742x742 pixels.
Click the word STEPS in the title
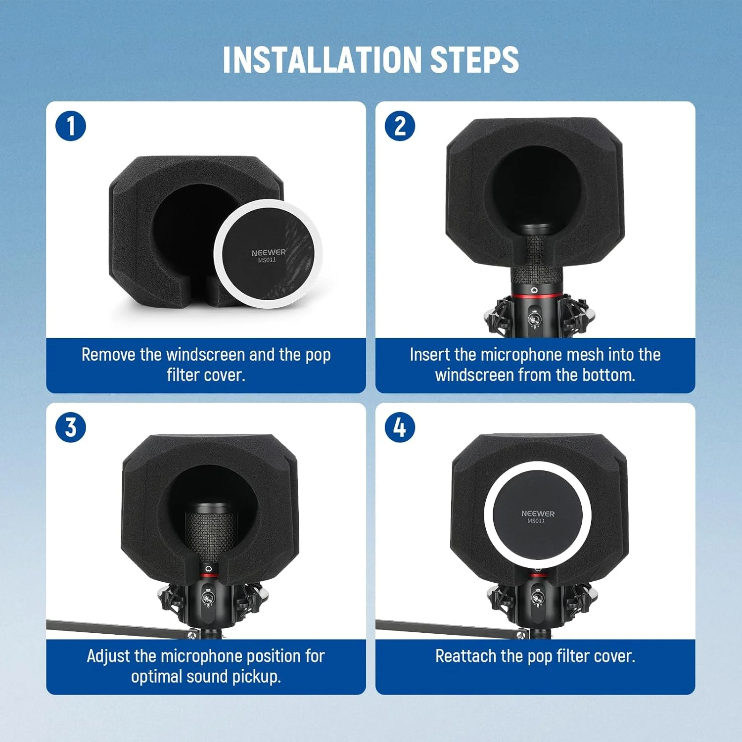[475, 60]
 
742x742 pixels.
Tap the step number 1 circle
[71, 126]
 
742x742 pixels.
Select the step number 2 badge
[400, 126]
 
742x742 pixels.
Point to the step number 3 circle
[71, 427]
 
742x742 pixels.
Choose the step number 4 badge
[400, 427]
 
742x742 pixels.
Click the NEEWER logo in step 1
[269, 252]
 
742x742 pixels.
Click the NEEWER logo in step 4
[538, 513]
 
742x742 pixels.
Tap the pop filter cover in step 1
[268, 254]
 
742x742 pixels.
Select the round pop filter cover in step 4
[538, 515]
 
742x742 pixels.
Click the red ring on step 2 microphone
[535, 296]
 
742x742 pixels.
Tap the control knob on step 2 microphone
[534, 319]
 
